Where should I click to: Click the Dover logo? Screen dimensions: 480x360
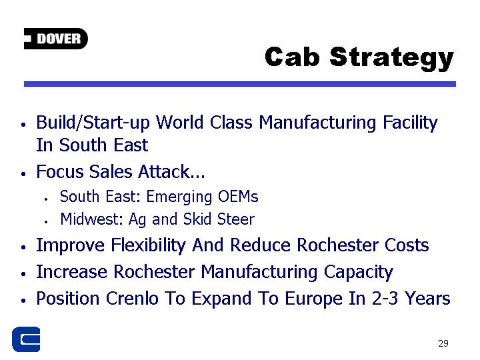[x=56, y=39]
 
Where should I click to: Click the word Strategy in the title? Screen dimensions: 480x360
[x=391, y=59]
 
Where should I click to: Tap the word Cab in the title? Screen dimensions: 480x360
[x=293, y=57]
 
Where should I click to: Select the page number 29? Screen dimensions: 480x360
[x=443, y=343]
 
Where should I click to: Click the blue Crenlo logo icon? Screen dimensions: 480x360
[x=26, y=339]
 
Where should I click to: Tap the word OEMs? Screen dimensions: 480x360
[x=238, y=197]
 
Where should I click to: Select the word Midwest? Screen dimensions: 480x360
[x=91, y=219]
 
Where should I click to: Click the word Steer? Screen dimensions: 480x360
[x=236, y=219]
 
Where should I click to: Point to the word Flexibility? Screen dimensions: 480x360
[x=148, y=246]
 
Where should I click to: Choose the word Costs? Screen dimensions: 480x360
[x=407, y=245]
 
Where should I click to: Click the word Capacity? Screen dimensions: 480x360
[x=359, y=273]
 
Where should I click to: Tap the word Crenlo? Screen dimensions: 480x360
[x=132, y=299]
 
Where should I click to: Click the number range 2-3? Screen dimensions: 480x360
[x=385, y=299]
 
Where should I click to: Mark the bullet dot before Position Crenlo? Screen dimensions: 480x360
[x=23, y=301]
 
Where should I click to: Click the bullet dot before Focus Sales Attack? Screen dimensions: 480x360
[x=23, y=173]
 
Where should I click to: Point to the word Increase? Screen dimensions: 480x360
[x=72, y=272]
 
